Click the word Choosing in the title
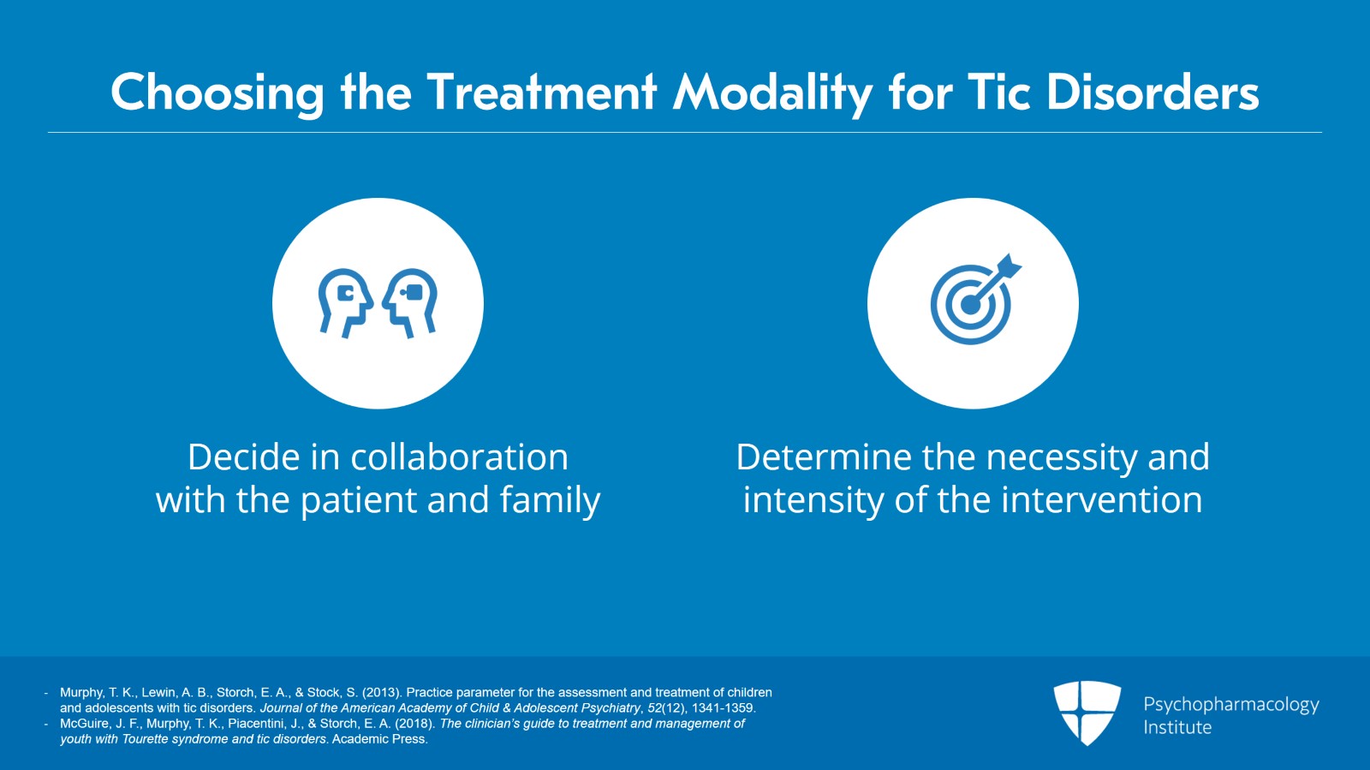pyautogui.click(x=217, y=93)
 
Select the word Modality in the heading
pyautogui.click(x=771, y=93)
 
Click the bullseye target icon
pyautogui.click(x=970, y=304)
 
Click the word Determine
pyautogui.click(x=824, y=457)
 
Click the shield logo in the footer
pyautogui.click(x=1087, y=712)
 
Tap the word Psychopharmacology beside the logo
pyautogui.click(x=1230, y=704)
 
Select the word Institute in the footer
pyautogui.click(x=1177, y=727)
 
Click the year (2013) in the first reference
pyautogui.click(x=382, y=692)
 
